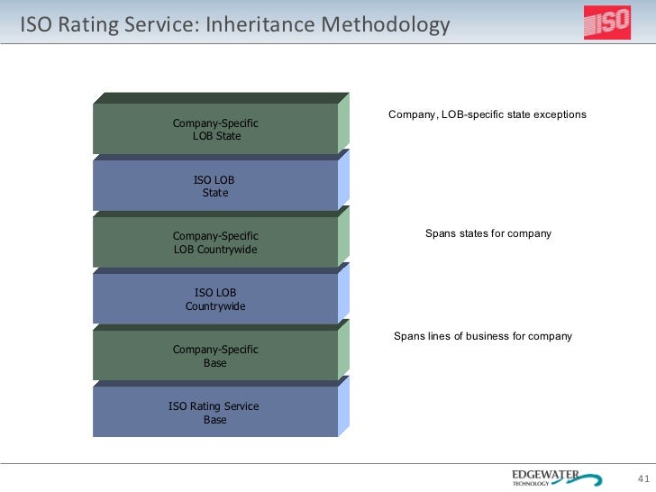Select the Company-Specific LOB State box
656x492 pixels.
pos(215,129)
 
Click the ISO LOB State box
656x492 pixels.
pos(215,186)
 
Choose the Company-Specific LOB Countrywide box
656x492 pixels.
pos(215,242)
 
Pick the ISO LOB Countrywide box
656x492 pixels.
pos(215,299)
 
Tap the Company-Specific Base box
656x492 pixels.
pos(215,356)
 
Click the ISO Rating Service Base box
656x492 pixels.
pos(215,413)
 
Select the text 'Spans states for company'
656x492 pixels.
pos(487,233)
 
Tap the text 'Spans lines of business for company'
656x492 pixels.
pos(483,336)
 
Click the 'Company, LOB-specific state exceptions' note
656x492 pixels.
pos(487,114)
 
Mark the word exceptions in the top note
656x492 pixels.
pos(558,114)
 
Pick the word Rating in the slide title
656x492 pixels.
pos(88,25)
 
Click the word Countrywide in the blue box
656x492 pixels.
pos(215,306)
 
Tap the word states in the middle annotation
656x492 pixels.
pos(473,233)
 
